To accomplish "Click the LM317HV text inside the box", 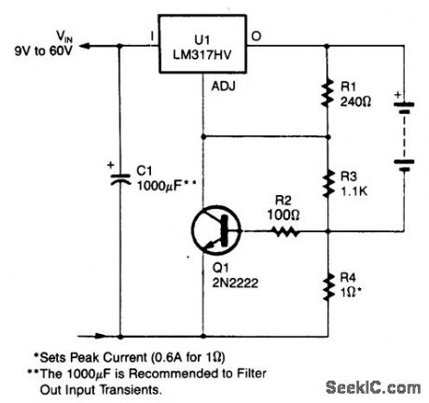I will coord(202,52).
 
